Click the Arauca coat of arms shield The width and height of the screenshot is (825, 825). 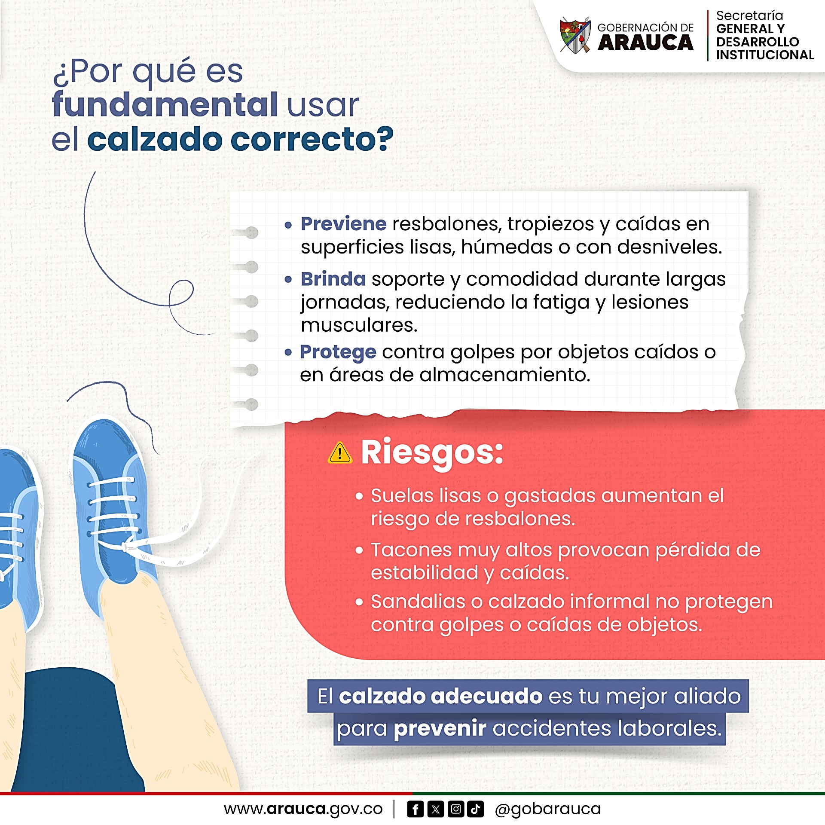click(575, 36)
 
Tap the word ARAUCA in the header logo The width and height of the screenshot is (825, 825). click(645, 43)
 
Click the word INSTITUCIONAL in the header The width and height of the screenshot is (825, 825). click(765, 55)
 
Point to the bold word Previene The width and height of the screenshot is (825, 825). click(344, 224)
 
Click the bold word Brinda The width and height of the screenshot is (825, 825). click(333, 279)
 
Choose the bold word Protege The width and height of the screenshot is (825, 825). click(338, 352)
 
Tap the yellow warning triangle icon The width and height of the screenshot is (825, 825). click(340, 453)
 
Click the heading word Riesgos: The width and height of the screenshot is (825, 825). click(432, 452)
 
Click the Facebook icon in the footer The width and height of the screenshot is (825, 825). click(415, 809)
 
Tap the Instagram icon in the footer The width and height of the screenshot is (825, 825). click(455, 809)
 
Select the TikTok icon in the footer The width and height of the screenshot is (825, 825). click(476, 809)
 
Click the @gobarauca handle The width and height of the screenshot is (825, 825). click(547, 810)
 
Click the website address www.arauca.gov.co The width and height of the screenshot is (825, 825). click(303, 810)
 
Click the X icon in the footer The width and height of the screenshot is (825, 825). click(435, 809)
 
